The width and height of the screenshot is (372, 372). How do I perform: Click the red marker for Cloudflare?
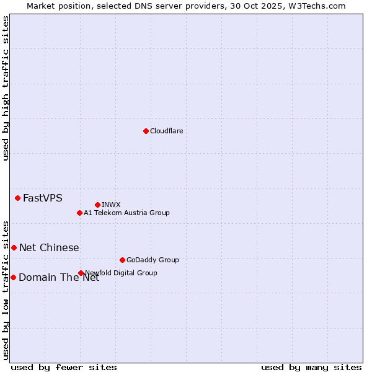(x=146, y=131)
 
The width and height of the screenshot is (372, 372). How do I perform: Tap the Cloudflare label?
(x=166, y=131)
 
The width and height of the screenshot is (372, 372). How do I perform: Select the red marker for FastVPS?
(x=17, y=198)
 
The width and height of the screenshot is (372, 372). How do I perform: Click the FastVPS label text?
(x=42, y=198)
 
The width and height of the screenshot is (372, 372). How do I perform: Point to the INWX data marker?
(x=97, y=205)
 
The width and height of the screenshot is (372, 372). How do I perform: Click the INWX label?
(x=111, y=205)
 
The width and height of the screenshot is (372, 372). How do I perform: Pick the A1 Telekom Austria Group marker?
(x=79, y=213)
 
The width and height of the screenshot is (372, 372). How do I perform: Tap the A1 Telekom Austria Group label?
(x=126, y=213)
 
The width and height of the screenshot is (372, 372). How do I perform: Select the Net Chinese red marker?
(x=14, y=247)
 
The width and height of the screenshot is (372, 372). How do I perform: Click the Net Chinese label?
(x=49, y=248)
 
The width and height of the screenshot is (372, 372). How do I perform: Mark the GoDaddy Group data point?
(x=122, y=260)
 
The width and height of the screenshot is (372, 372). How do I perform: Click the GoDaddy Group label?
(x=153, y=260)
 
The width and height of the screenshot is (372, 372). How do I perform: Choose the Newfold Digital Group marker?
(x=81, y=273)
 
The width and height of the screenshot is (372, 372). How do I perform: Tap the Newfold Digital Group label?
(x=121, y=273)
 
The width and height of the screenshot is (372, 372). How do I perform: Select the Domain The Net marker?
(x=13, y=277)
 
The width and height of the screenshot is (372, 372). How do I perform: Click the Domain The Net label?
(x=59, y=278)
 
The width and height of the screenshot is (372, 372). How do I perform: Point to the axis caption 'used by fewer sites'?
(x=64, y=367)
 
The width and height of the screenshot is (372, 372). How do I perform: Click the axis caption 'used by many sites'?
(x=311, y=367)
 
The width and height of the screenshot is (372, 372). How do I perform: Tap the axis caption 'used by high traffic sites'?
(x=6, y=88)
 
